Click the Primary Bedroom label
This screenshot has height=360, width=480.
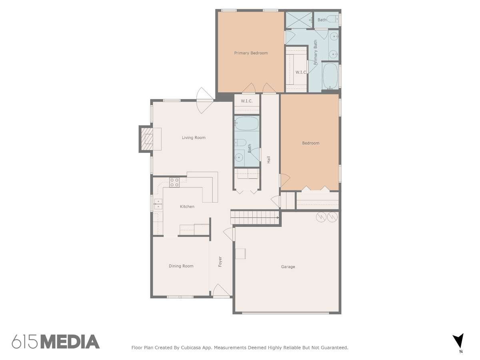tap(251, 53)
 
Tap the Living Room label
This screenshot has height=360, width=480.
tap(194, 138)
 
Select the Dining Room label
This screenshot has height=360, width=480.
tap(181, 266)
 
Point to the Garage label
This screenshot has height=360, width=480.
tap(288, 267)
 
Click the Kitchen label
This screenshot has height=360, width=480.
tap(187, 206)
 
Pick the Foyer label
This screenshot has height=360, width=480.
tap(220, 262)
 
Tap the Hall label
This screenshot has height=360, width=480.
tap(268, 160)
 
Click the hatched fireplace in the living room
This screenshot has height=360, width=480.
tap(146, 139)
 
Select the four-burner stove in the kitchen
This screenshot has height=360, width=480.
tap(174, 182)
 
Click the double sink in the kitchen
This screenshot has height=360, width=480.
tap(158, 204)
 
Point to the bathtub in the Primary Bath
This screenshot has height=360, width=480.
tap(330, 76)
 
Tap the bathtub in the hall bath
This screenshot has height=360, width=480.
tap(246, 123)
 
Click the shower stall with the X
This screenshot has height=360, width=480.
tap(299, 20)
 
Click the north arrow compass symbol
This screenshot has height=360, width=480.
tap(458, 342)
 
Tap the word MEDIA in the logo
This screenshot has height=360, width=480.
tap(70, 342)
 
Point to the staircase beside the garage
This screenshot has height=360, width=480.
tap(255, 217)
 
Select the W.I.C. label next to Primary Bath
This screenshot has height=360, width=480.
tap(301, 72)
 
